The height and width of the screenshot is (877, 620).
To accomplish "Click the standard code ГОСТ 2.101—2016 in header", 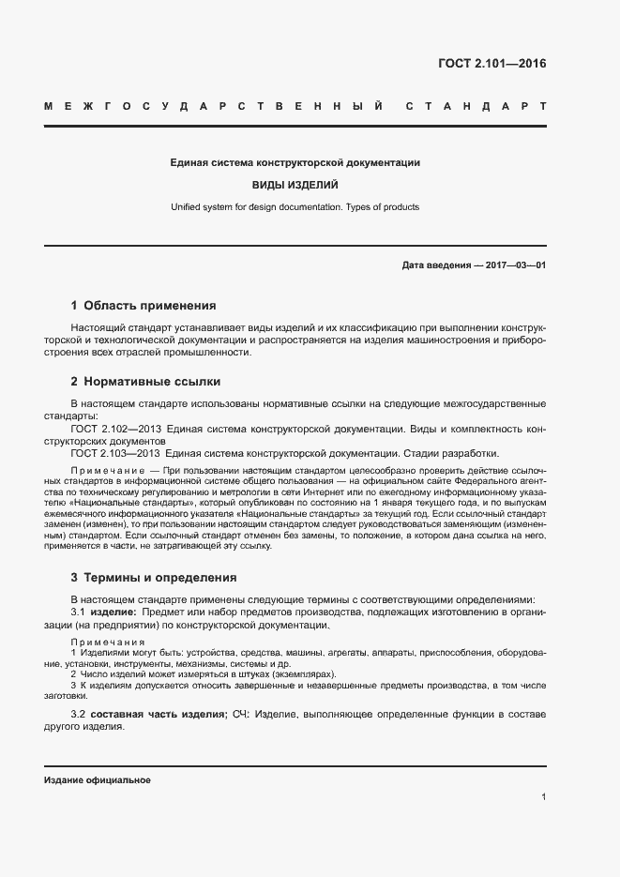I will click(491, 65).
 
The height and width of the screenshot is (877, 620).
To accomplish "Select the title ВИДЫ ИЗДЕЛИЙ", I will click(295, 185).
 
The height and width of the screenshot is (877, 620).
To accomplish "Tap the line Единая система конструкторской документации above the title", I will click(295, 162).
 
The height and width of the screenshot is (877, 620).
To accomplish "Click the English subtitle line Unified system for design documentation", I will click(295, 206).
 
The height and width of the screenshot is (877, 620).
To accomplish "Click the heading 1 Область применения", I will click(144, 306).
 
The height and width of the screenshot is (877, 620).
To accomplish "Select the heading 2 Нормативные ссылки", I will click(145, 382).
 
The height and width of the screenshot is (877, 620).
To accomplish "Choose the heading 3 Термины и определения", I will click(154, 577).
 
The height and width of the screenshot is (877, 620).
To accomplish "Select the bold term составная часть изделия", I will click(158, 715).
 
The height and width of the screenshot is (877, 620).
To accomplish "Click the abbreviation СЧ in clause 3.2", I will click(240, 715).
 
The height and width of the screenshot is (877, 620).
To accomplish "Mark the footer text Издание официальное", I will click(97, 780).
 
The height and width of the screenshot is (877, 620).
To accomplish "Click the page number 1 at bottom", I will click(543, 797).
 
